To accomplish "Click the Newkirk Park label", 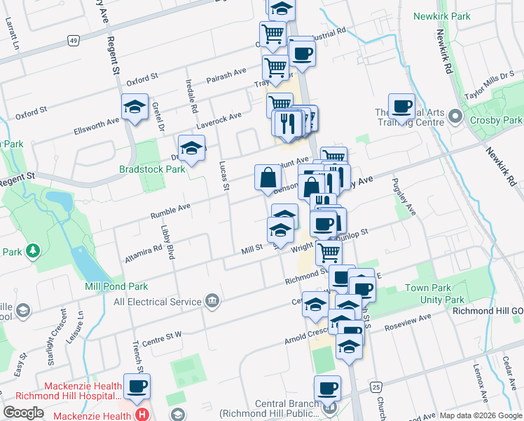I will coord(441,15).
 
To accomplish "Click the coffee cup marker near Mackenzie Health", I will coord(137,386).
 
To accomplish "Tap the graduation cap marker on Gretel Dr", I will coord(135,107).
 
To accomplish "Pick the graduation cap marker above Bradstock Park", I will coord(191,148).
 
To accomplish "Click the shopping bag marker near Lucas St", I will coord(268,178).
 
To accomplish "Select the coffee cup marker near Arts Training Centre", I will coord(401,107).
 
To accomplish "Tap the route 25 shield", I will coord(376,387).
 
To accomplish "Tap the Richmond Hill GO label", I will coord(488,311).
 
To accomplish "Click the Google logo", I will coord(22,412).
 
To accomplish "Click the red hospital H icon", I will coord(144,415).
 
